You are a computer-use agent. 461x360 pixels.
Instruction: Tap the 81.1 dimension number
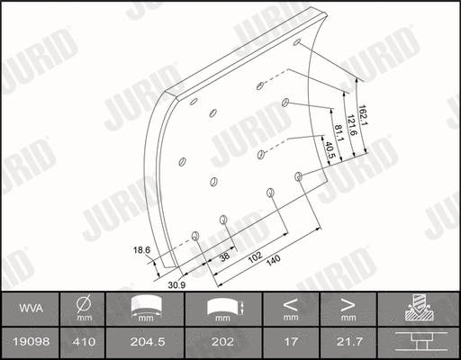click(339, 132)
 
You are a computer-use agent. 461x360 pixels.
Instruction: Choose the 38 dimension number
click(223, 257)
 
